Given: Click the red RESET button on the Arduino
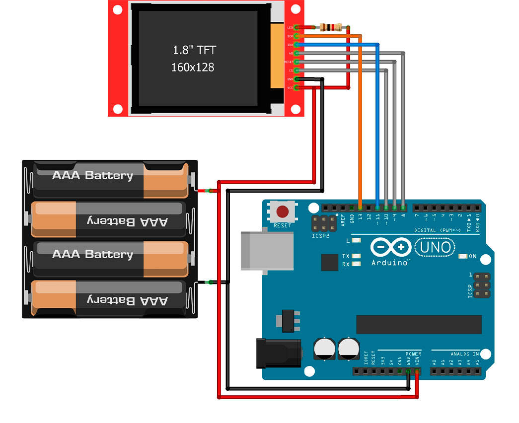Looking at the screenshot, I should (x=283, y=212).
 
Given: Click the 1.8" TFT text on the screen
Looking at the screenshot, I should (x=194, y=50).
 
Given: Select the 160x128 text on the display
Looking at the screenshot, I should (x=193, y=67).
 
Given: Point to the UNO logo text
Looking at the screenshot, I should (x=436, y=246).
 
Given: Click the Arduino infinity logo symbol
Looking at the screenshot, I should (x=391, y=247).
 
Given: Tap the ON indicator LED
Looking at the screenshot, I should (x=462, y=256).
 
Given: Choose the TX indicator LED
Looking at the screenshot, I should (x=356, y=256).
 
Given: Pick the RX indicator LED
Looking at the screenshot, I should (x=356, y=264).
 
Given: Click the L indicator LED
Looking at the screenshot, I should (x=356, y=240).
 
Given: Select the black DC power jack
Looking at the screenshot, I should (x=278, y=352).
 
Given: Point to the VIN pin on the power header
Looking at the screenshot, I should (x=417, y=371).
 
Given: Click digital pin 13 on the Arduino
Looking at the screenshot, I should (x=360, y=207).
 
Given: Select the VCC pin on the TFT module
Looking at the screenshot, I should (x=297, y=88).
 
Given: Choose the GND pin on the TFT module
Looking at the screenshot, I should (x=297, y=79).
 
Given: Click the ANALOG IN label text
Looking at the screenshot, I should (x=465, y=354).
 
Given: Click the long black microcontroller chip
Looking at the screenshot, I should (x=419, y=324).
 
